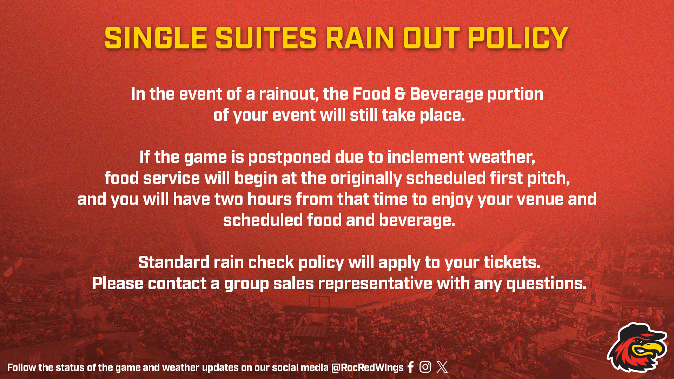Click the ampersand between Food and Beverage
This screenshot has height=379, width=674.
tap(400, 94)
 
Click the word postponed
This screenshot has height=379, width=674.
tap(289, 158)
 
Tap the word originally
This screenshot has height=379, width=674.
tap(366, 179)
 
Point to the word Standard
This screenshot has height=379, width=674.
tap(174, 262)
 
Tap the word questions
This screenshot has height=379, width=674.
tap(546, 284)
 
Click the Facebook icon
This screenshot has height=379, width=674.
tap(411, 367)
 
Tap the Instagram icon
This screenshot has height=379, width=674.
tap(425, 367)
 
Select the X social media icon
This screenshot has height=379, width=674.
tap(442, 367)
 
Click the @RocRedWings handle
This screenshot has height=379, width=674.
tap(367, 367)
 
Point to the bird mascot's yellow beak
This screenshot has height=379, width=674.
tap(650, 349)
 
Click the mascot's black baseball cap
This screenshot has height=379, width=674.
tap(639, 333)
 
